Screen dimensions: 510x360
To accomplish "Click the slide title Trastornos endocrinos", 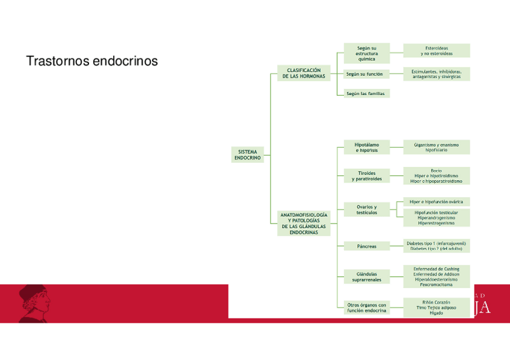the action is coord(92,61).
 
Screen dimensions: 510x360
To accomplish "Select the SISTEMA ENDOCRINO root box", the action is coord(247,155).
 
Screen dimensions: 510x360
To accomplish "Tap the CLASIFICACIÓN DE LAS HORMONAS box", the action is coord(304,73).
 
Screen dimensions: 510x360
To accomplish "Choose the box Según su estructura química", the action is coord(366,53).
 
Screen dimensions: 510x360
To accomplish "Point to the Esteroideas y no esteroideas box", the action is coord(436,50).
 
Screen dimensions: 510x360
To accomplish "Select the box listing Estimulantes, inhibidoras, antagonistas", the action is coord(436,74).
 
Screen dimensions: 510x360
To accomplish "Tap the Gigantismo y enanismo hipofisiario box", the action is coord(436,147).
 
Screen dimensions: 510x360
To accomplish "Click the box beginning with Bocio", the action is coord(436,175).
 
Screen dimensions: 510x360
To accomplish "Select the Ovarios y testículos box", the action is coord(366,210).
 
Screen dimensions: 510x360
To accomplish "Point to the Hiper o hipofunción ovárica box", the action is coord(436,202).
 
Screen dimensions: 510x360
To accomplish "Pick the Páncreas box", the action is coord(366,246).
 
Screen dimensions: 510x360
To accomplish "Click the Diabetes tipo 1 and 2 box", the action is coord(436,245).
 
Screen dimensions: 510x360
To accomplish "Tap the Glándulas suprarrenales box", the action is coord(366,276).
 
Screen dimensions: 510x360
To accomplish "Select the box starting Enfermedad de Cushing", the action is coord(436,276).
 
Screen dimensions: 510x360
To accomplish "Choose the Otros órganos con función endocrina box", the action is coord(366,308).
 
